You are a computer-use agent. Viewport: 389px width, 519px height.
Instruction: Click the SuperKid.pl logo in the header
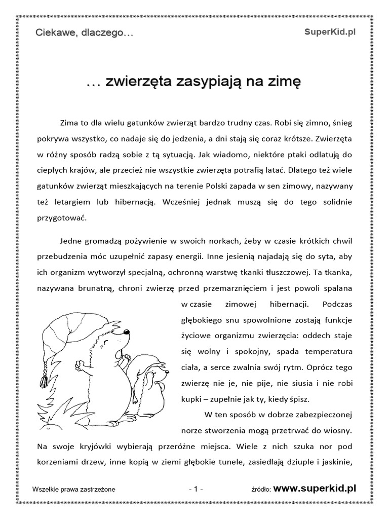[331, 32]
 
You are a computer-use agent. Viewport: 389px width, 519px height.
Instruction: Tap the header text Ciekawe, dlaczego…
[84, 33]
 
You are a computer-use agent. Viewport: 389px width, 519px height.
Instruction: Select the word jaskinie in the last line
[337, 463]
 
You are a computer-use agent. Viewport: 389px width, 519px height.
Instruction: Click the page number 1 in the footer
[195, 489]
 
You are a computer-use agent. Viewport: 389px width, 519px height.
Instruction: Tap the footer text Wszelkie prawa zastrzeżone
[73, 489]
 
